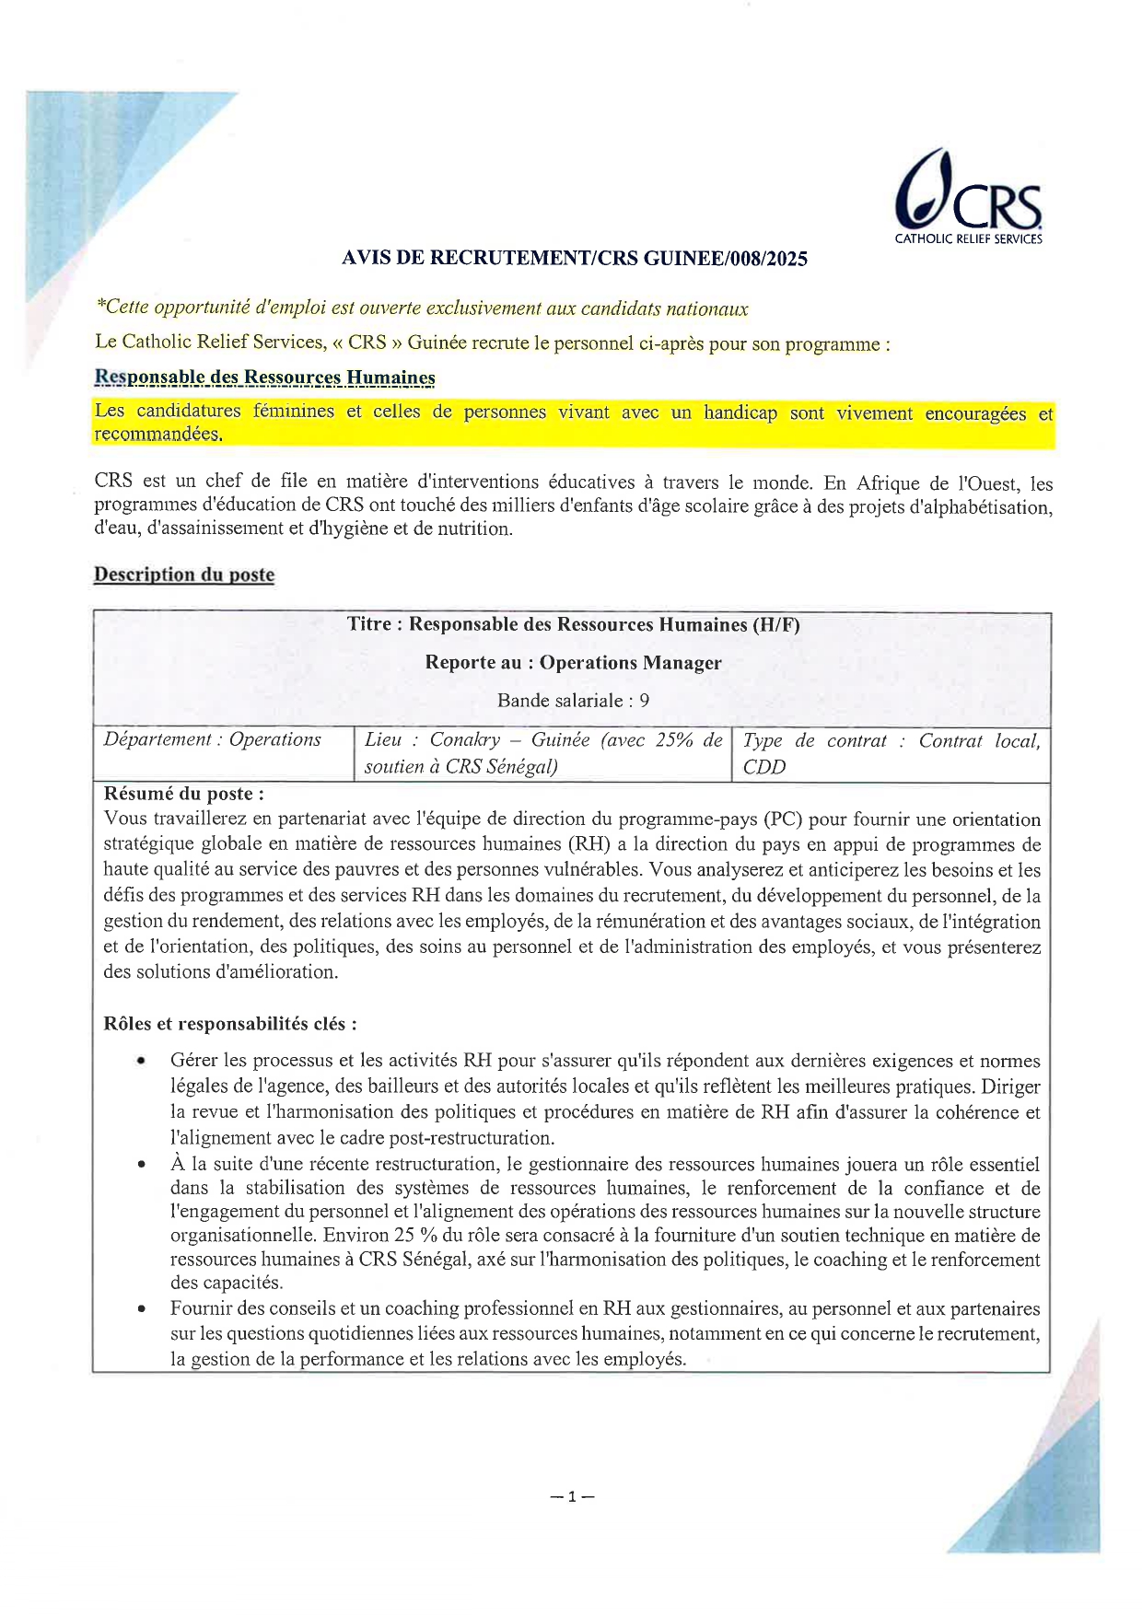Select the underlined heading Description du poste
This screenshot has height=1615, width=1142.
click(x=184, y=575)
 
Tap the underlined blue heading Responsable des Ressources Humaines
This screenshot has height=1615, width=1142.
click(x=264, y=378)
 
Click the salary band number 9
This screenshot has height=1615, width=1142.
click(x=644, y=701)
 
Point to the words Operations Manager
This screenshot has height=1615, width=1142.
click(x=630, y=663)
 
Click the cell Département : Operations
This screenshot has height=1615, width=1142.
click(x=213, y=739)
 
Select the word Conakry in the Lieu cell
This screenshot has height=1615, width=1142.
click(x=465, y=740)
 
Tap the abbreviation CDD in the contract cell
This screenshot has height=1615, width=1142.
click(x=763, y=767)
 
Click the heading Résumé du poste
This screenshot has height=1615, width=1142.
click(x=183, y=794)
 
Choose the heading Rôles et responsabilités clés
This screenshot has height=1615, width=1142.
click(x=230, y=1024)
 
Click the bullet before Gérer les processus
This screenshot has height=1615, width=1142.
click(x=141, y=1062)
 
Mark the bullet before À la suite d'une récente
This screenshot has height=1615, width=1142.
click(x=141, y=1165)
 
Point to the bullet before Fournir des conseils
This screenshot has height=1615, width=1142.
click(x=141, y=1308)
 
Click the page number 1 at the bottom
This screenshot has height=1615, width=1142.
click(x=572, y=1496)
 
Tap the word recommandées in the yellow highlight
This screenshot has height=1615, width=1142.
click(x=157, y=435)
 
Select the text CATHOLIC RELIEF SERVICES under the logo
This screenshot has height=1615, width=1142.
click(x=968, y=239)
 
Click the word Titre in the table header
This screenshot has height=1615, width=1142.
click(x=368, y=624)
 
